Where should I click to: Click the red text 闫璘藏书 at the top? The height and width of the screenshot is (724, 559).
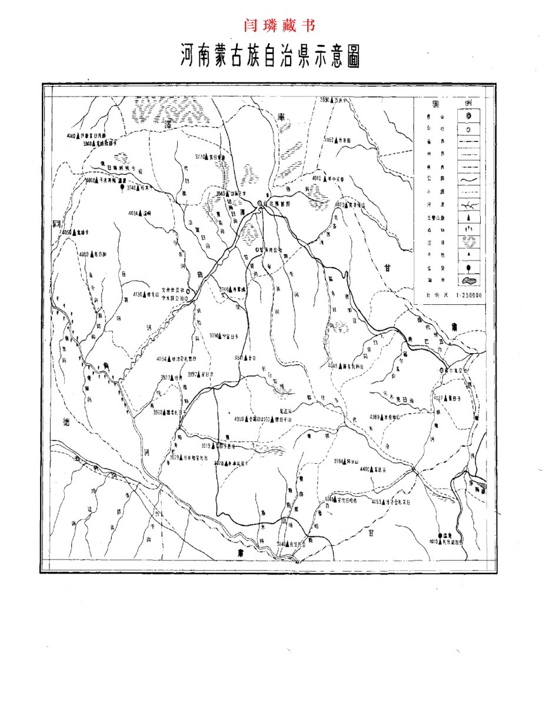(x=279, y=26)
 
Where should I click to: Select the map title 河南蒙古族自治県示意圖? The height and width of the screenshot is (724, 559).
(x=270, y=58)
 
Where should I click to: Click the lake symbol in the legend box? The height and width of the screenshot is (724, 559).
(x=468, y=282)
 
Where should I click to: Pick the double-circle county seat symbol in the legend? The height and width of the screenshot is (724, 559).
(x=468, y=116)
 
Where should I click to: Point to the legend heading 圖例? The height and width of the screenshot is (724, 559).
(x=452, y=102)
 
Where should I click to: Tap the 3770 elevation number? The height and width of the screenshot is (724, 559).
(x=202, y=157)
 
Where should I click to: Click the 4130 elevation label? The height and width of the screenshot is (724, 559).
(x=139, y=294)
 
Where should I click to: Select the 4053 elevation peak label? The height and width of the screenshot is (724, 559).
(x=378, y=502)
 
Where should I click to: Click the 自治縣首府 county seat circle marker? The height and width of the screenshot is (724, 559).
(x=259, y=203)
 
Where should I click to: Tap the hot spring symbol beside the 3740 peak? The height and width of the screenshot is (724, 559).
(x=122, y=188)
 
